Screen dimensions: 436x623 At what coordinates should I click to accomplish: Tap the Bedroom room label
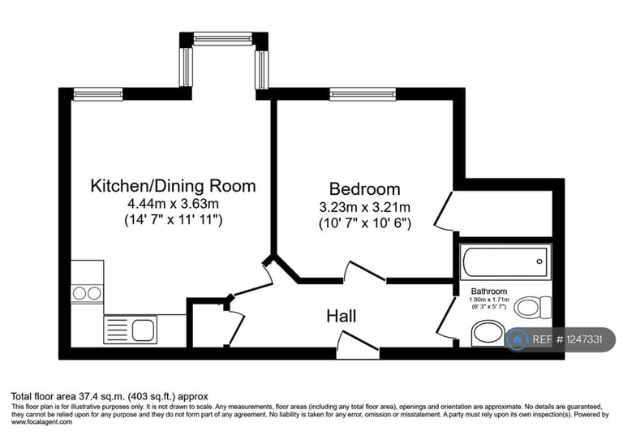[x=364, y=188]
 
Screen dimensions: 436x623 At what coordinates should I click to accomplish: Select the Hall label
[x=342, y=316]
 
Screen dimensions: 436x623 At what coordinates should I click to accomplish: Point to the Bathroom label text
[x=489, y=291]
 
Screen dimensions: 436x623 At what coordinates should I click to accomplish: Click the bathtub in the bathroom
[x=505, y=261]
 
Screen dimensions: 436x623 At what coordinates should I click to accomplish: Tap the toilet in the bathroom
[x=532, y=307]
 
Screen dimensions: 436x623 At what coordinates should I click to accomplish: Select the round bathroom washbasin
[x=487, y=332]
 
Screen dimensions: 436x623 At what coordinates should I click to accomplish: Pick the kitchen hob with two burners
[x=87, y=293]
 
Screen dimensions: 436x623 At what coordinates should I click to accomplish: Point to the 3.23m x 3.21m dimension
[x=364, y=206]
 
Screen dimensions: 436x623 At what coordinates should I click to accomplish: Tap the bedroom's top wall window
[x=363, y=95]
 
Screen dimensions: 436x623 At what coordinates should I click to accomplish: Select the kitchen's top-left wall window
[x=97, y=95]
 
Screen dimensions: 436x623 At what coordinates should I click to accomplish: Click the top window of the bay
[x=223, y=37]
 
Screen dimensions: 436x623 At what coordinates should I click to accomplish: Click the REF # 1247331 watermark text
[x=567, y=340]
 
